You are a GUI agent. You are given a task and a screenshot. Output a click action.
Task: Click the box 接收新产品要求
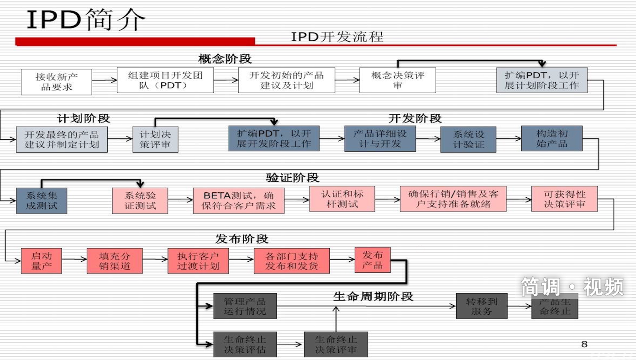pyautogui.click(x=56, y=82)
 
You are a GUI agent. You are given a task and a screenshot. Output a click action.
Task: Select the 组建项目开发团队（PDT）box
pyautogui.click(x=165, y=80)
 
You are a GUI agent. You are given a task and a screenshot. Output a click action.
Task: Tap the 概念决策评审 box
pyautogui.click(x=397, y=80)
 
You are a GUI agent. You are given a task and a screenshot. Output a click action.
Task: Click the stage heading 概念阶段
pyautogui.click(x=225, y=59)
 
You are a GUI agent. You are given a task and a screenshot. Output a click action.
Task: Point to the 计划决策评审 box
pyautogui.click(x=155, y=139)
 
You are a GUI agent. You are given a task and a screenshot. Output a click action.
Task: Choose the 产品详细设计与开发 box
pyautogui.click(x=380, y=138)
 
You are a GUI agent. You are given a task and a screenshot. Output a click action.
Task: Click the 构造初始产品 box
pyautogui.click(x=552, y=138)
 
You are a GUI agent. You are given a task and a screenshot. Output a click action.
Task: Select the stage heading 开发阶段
pyautogui.click(x=415, y=118)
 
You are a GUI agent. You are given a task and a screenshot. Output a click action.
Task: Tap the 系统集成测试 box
pyautogui.click(x=42, y=201)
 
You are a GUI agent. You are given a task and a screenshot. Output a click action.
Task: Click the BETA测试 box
pyautogui.click(x=238, y=200)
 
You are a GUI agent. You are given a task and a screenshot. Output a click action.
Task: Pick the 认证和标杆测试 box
pyautogui.click(x=342, y=199)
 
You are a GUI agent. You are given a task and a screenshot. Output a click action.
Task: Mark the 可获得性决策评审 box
pyautogui.click(x=564, y=199)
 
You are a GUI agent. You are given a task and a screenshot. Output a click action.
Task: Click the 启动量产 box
pyautogui.click(x=41, y=261)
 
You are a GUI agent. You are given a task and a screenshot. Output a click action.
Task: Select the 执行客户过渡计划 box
pyautogui.click(x=198, y=261)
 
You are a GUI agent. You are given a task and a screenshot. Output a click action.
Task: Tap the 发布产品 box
pyautogui.click(x=373, y=259)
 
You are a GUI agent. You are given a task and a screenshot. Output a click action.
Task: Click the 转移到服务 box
pyautogui.click(x=482, y=306)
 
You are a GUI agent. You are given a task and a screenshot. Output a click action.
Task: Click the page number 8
pyautogui.click(x=584, y=344)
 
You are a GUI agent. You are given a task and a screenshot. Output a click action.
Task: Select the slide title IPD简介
pyautogui.click(x=86, y=21)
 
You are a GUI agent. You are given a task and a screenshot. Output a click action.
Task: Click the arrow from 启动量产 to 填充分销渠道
pyautogui.click(x=74, y=259)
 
